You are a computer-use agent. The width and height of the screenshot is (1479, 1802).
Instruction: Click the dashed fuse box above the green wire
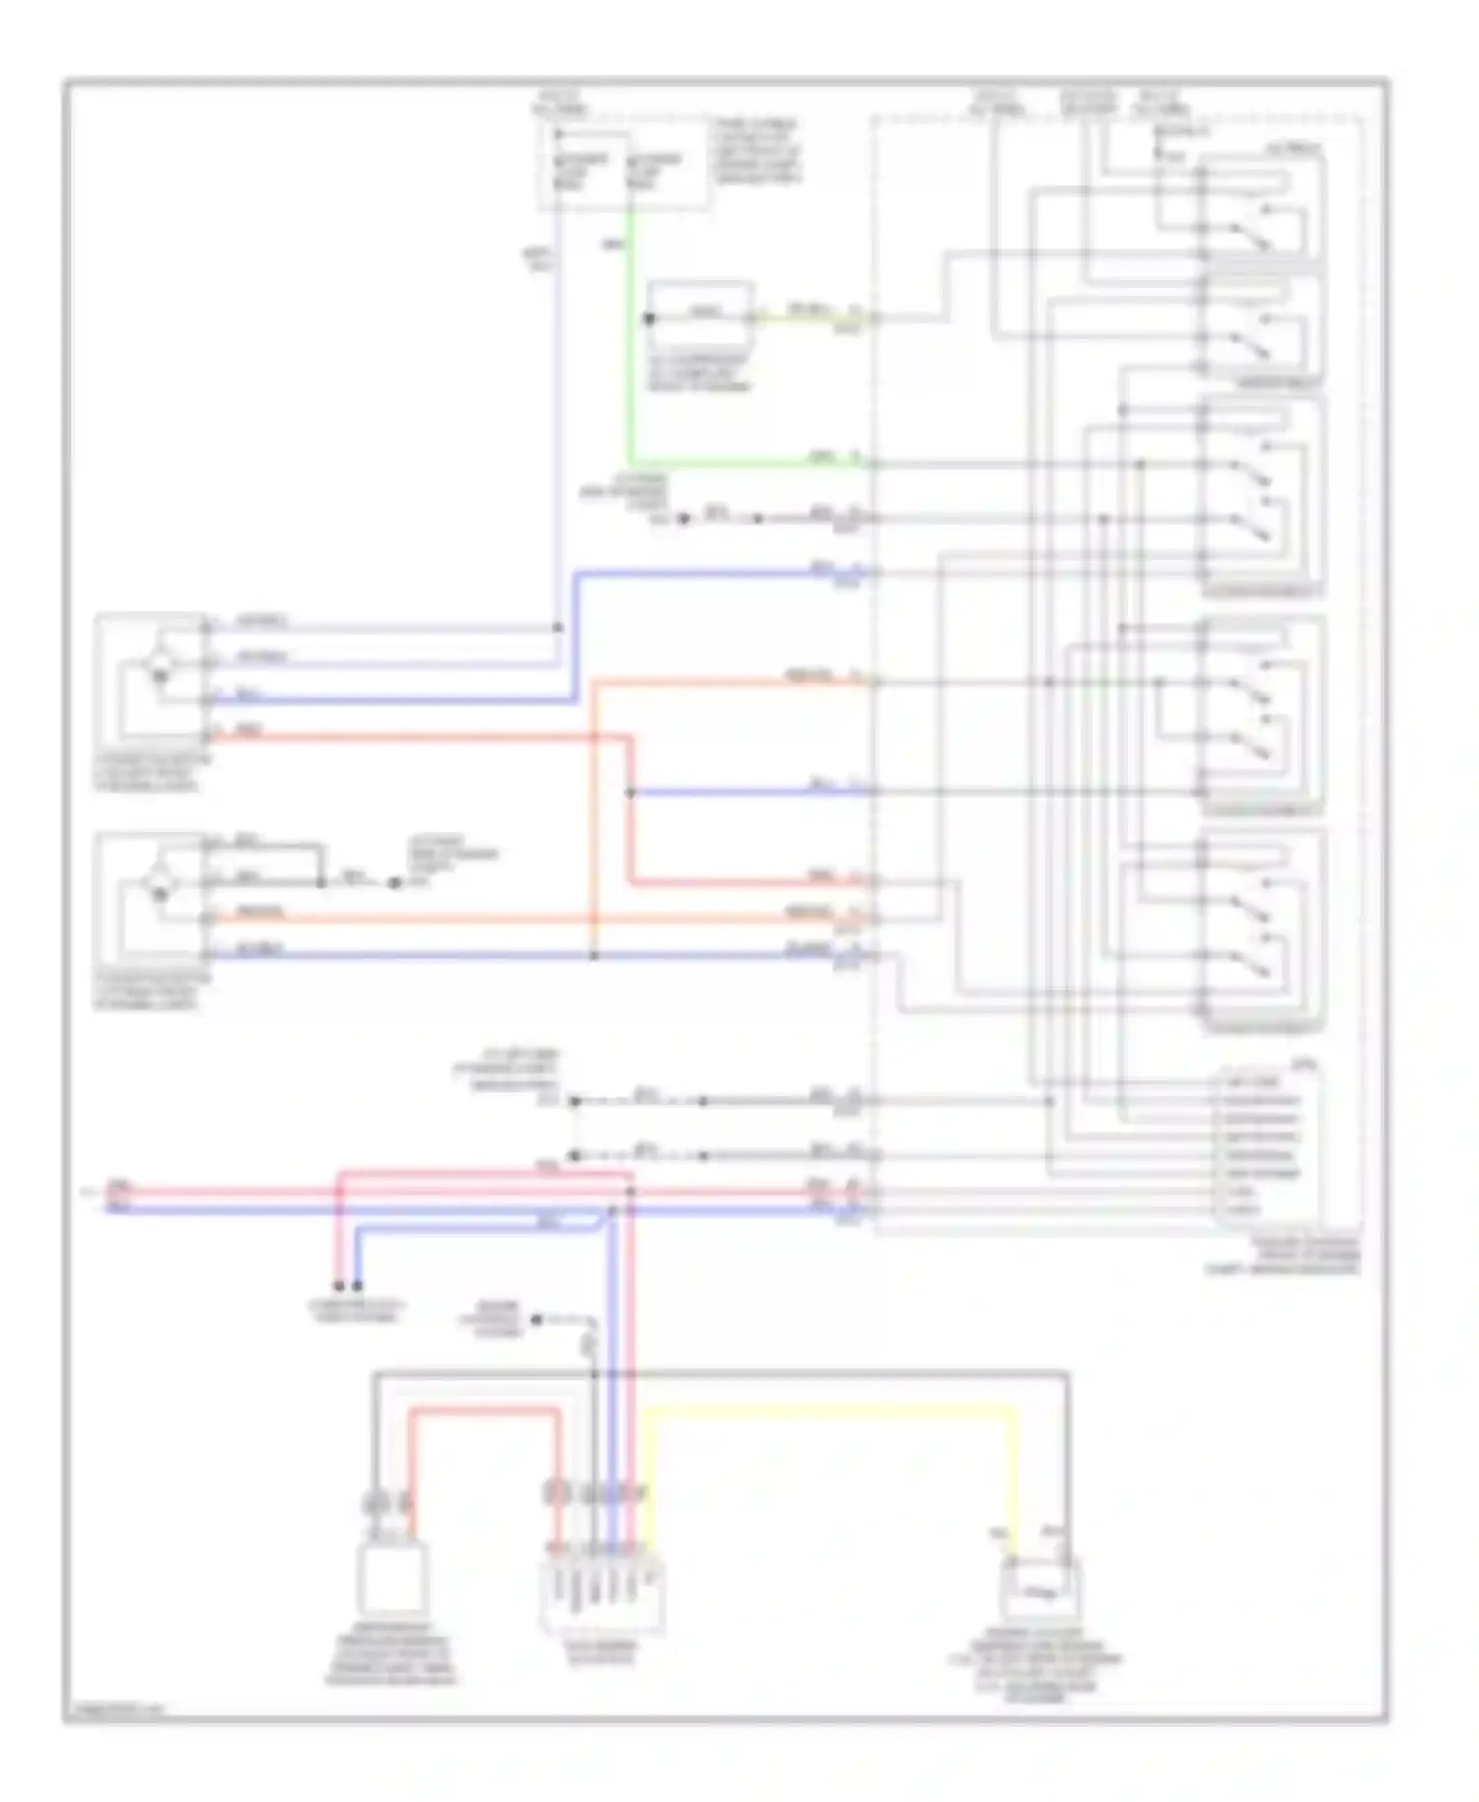tap(621, 170)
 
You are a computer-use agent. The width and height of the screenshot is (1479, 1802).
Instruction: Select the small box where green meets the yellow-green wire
tap(700, 315)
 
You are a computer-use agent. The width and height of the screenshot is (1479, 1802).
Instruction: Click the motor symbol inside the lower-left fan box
tap(158, 885)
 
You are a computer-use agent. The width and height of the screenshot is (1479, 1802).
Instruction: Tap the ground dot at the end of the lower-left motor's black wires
tap(394, 882)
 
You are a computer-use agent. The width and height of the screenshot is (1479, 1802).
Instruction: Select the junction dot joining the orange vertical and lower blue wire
tap(594, 955)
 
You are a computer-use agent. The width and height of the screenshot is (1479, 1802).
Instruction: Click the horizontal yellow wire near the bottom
tap(828, 1413)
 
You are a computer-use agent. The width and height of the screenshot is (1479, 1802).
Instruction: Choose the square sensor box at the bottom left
tap(392, 1577)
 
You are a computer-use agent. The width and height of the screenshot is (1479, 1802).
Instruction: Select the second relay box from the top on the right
tap(1262, 330)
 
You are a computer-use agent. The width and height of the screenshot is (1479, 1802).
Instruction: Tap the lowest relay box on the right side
tap(1262, 932)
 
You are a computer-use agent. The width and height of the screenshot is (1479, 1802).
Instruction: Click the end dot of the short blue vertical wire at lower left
tap(357, 1285)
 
